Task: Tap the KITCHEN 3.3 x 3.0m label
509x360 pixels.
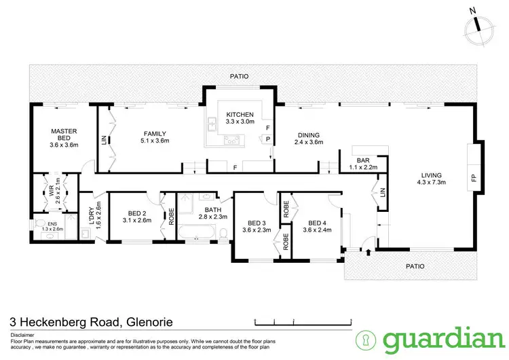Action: [x=240, y=118]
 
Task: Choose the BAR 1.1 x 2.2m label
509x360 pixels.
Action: [x=358, y=162]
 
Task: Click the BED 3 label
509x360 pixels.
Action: [x=257, y=226]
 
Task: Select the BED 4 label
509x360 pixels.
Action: [x=318, y=226]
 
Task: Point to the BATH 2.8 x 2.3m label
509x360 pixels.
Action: [x=203, y=213]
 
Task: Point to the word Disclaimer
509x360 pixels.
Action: [x=24, y=334]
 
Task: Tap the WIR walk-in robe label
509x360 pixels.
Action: [x=57, y=187]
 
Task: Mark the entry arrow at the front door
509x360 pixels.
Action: [x=369, y=253]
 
